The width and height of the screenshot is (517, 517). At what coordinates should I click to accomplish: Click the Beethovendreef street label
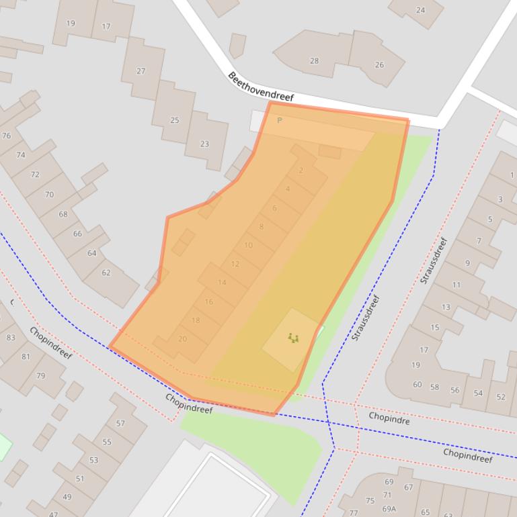pos(261,87)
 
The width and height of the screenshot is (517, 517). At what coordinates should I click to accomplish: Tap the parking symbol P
pos(280,121)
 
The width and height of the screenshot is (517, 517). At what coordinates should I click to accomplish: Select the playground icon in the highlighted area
pos(293,338)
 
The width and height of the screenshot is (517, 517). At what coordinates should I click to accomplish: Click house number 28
pos(314,61)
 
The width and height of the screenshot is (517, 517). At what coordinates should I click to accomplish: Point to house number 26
pos(379,65)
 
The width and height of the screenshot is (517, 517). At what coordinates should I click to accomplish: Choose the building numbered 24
pos(421,10)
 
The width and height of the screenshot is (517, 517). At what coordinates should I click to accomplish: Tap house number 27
pos(141,71)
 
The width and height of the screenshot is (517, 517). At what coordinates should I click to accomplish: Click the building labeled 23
pos(204,144)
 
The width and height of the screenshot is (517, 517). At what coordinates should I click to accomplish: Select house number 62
pos(106,273)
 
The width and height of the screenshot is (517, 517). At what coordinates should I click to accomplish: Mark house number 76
pos(7,136)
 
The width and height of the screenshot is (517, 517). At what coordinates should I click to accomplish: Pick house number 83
pos(11,338)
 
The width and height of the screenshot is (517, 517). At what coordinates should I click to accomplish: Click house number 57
pos(120,424)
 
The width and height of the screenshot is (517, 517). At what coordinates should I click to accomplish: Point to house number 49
pos(67,497)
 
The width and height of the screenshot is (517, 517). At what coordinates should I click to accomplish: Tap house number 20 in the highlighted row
pos(182,339)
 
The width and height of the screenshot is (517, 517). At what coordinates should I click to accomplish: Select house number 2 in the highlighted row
pos(301,171)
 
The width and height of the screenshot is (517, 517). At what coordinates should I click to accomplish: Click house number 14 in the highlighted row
pos(222,283)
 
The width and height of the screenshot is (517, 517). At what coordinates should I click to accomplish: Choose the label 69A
pos(389,509)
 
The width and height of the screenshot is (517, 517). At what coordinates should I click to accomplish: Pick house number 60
pos(417,385)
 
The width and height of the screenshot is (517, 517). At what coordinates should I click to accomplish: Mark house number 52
pos(501,397)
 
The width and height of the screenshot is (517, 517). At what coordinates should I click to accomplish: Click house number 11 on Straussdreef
pos(456,285)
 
